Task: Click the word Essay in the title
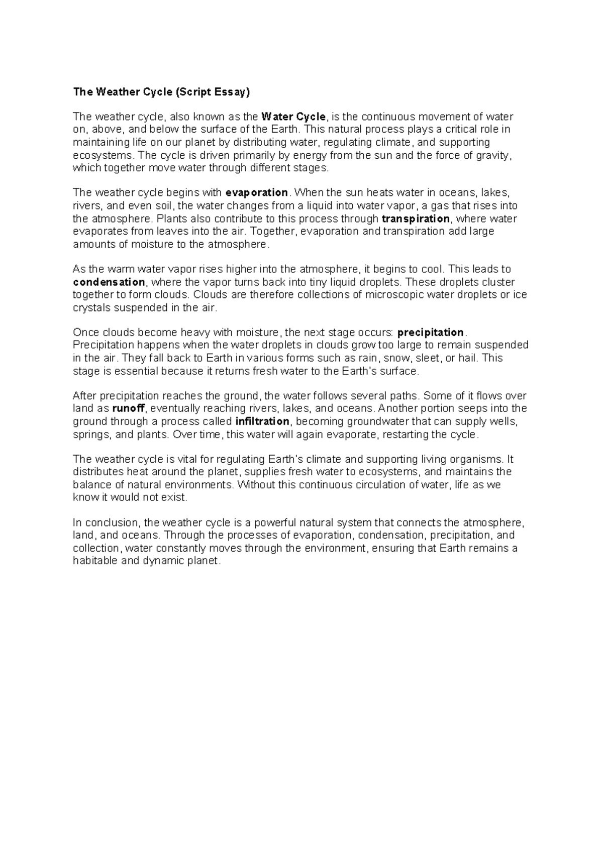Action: (231, 92)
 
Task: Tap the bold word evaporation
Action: (256, 193)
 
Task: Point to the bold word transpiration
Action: (416, 219)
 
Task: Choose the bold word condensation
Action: (109, 282)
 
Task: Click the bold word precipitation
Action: (431, 333)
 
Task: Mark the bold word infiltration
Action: (262, 421)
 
